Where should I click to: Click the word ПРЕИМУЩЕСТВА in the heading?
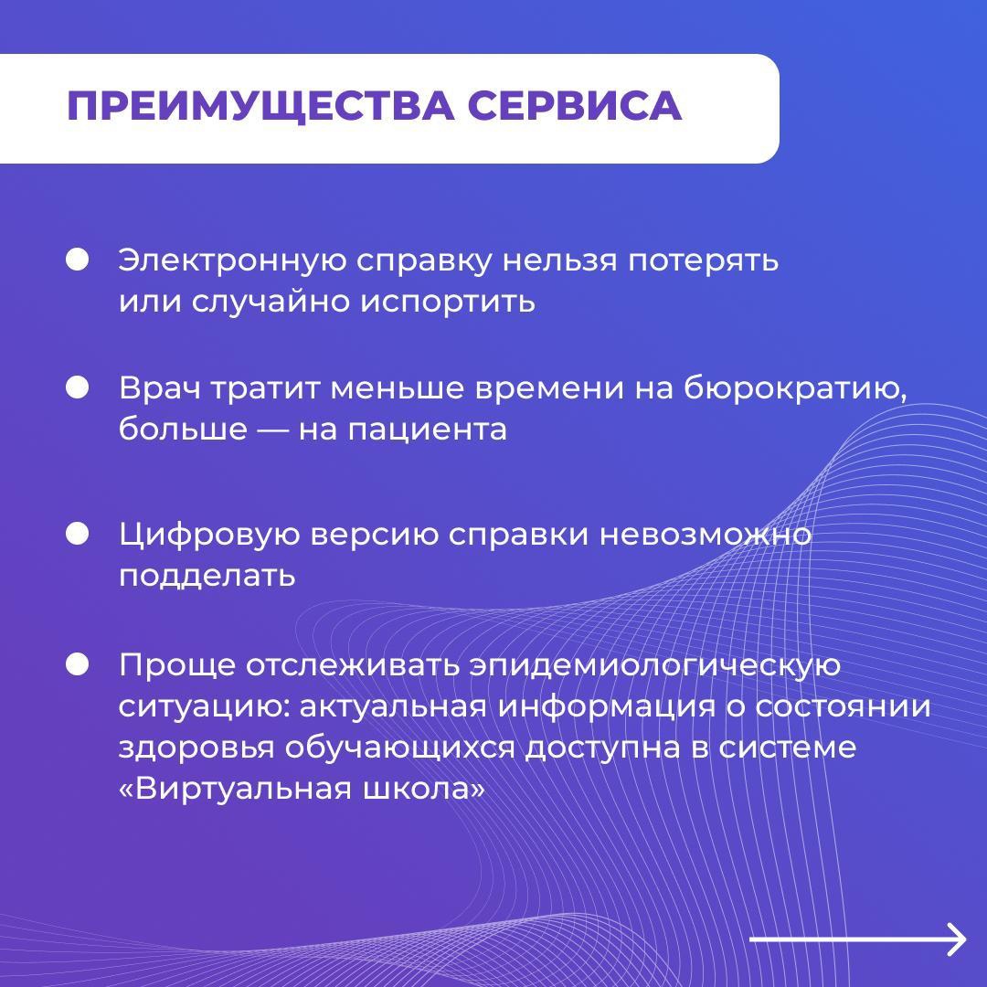coord(260,106)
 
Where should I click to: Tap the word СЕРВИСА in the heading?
coord(575,105)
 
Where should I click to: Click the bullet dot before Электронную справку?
coord(78,260)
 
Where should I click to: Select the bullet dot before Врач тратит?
coord(78,387)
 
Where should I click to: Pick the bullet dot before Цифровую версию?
coord(78,534)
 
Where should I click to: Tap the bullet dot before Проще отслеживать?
coord(78,664)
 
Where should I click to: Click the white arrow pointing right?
coord(857,939)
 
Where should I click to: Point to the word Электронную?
coord(232,260)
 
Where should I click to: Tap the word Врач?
coord(160,388)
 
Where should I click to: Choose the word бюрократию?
coord(796,389)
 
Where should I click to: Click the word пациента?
coord(428,430)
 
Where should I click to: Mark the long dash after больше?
coord(272,430)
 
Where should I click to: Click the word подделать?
coord(207,576)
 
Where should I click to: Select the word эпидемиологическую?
coord(655,666)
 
